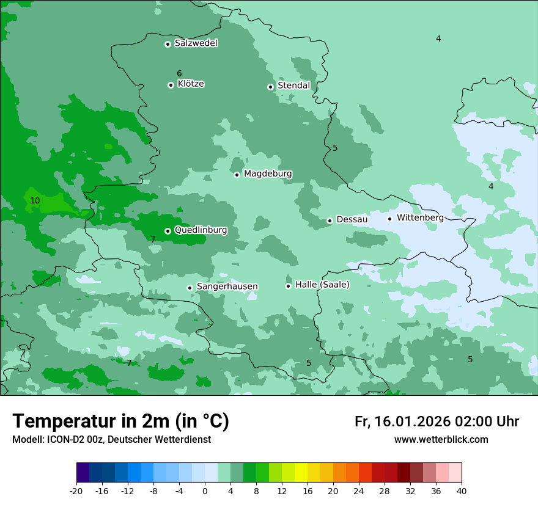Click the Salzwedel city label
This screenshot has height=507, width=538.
tap(196, 43)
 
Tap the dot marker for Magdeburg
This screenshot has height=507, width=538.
tap(237, 175)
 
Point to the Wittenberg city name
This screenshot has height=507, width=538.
tap(420, 217)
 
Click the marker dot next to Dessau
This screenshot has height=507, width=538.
tap(330, 221)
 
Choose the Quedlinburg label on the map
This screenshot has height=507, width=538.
tap(201, 230)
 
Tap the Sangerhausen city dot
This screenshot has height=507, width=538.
tap(190, 288)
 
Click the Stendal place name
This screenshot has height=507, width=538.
tap(293, 86)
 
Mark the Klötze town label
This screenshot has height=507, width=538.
tap(191, 84)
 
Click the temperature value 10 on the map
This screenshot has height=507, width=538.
tap(35, 200)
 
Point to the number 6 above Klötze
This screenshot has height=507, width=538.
tap(179, 74)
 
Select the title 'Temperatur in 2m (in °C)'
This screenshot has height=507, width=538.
tap(120, 421)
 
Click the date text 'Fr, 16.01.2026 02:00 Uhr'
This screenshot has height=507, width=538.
tap(437, 421)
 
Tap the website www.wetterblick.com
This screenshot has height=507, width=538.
tap(441, 440)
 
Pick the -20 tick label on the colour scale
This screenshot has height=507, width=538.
tap(76, 491)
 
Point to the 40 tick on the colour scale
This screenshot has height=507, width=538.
tap(462, 491)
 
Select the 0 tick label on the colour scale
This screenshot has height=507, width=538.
tap(205, 491)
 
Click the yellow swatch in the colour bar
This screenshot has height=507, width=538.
tap(301, 473)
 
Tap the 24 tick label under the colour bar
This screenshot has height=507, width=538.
tap(359, 491)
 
